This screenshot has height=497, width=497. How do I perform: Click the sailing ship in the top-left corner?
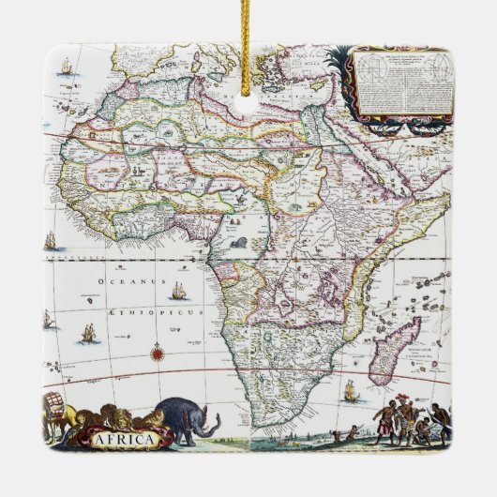coord(66,68)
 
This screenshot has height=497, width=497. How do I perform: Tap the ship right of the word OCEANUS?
coord(179,291)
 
